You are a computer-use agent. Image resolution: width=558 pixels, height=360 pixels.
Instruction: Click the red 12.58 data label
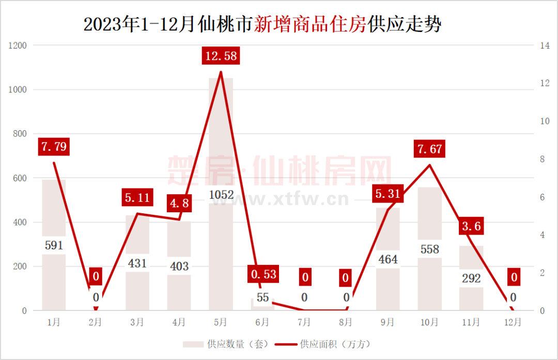(221, 55)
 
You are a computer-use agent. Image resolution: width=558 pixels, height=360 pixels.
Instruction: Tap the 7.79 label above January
(54, 147)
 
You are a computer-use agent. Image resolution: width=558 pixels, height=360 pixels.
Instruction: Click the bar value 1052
(221, 195)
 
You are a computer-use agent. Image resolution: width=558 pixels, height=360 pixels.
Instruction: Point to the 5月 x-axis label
(221, 322)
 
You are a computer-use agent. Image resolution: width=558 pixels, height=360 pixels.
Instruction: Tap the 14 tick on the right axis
(544, 45)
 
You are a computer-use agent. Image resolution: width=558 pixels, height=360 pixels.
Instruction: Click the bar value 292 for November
(471, 279)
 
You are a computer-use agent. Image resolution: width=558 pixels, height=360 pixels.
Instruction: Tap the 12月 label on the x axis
(513, 322)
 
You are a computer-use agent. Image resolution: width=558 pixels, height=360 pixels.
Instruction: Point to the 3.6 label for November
(471, 226)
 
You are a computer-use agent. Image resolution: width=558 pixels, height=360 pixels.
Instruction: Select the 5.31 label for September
(388, 194)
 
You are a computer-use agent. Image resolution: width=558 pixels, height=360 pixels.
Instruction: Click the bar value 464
(388, 259)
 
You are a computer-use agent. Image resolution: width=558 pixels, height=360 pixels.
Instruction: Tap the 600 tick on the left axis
(19, 178)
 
